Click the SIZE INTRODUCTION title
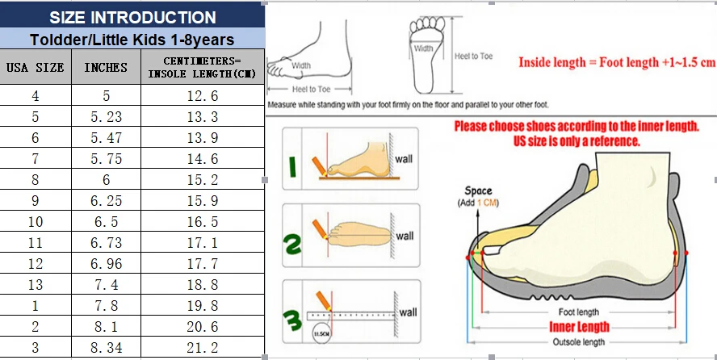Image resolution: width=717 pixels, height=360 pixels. point(132,17)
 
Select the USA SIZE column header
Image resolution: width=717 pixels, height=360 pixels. point(35,68)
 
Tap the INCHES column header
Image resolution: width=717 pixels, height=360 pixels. point(106,68)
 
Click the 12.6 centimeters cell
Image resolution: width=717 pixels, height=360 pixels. point(203,96)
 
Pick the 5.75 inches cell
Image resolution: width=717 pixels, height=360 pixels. point(106,159)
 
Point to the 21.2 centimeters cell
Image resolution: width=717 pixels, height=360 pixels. point(203,348)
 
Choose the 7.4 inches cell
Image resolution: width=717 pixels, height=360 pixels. point(106,285)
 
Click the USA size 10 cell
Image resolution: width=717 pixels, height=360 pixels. point(35,222)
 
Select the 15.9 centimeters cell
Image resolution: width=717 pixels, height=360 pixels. point(203,201)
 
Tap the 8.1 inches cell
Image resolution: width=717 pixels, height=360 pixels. point(106,327)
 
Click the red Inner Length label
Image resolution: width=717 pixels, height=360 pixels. point(579,327)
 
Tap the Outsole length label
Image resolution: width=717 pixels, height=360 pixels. point(578,342)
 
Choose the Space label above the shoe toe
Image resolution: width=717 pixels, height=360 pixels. point(479,191)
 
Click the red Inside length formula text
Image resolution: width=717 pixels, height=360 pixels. point(616,62)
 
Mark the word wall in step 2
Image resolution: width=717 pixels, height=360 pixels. point(405,236)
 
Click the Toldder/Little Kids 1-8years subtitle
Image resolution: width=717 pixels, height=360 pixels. point(132,39)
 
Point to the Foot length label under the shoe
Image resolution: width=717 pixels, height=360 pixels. point(578,312)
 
